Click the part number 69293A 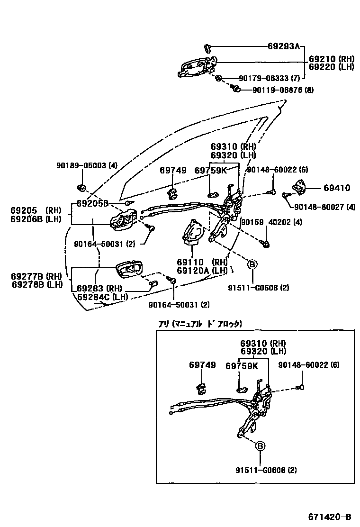coord(284,46)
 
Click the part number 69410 coord(337,188)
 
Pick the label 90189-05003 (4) coord(80,165)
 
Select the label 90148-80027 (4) coord(324,207)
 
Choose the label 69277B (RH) coord(36,276)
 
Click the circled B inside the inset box coord(261,446)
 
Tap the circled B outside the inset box coord(252,264)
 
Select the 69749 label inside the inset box coord(202,365)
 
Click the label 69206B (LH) coord(36,219)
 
